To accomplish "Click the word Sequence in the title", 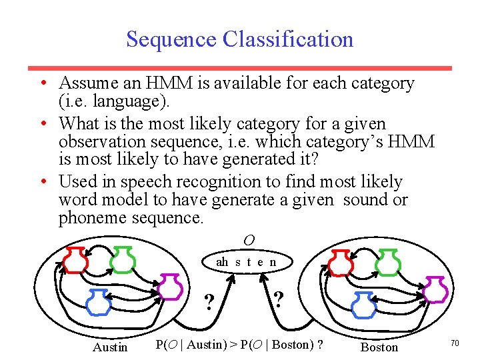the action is click(171, 39).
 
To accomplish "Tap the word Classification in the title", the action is click(288, 39).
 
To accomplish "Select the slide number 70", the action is click(455, 343).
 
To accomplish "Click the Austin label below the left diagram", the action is click(110, 347).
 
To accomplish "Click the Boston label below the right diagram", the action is click(379, 347).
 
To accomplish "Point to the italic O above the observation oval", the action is click(248, 240).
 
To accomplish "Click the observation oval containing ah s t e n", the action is click(246, 262).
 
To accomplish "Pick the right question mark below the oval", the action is click(279, 298).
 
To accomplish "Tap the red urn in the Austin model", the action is click(75, 261).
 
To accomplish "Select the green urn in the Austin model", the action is click(123, 260).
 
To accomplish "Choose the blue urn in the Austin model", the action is click(99, 302).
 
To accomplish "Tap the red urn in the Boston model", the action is click(341, 263).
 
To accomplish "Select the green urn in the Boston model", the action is click(388, 263).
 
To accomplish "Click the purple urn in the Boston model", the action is click(435, 290).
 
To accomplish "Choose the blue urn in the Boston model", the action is click(364, 304).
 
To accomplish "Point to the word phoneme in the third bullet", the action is click(91, 218).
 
